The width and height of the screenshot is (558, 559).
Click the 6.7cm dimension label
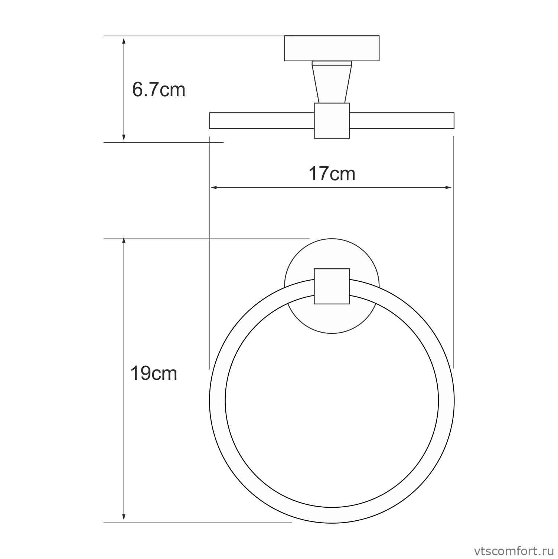pyautogui.click(x=159, y=90)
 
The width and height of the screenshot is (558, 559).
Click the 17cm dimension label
pyautogui.click(x=332, y=174)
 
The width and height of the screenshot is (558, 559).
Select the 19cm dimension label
pyautogui.click(x=153, y=373)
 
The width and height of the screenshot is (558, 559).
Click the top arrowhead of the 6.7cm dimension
pyautogui.click(x=124, y=39)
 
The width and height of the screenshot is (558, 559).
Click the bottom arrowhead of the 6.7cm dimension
pyautogui.click(x=124, y=138)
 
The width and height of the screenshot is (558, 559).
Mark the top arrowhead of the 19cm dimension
pyautogui.click(x=124, y=242)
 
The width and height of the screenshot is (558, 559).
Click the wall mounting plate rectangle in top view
pyautogui.click(x=332, y=48)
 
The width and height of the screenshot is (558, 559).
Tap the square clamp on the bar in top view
pyautogui.click(x=332, y=121)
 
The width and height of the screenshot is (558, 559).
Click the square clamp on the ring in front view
pyautogui.click(x=332, y=286)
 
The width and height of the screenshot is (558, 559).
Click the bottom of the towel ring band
pyautogui.click(x=332, y=515)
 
